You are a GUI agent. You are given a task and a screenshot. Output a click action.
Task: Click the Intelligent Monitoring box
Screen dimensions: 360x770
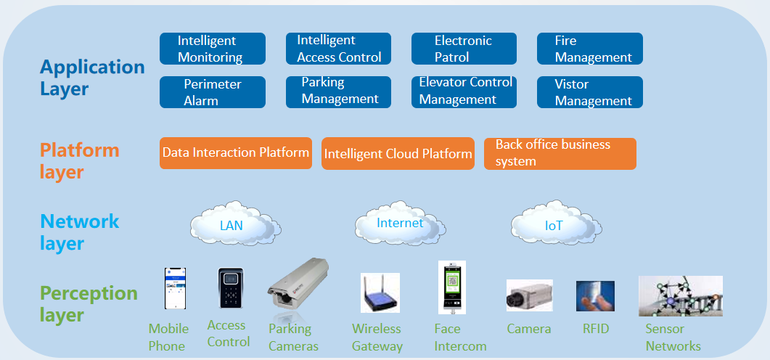(x=212, y=49)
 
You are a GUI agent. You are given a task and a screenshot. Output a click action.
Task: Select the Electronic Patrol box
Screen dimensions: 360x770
(x=464, y=49)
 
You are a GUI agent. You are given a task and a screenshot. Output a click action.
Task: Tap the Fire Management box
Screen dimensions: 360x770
(x=589, y=49)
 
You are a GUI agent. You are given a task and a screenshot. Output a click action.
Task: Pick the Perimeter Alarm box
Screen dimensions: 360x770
(x=212, y=92)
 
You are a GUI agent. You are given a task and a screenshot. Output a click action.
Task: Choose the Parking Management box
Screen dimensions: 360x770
(x=338, y=91)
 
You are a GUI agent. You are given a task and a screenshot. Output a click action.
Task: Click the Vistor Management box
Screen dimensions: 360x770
(x=589, y=92)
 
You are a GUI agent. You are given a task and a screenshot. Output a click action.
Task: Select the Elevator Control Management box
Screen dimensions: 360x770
(x=464, y=91)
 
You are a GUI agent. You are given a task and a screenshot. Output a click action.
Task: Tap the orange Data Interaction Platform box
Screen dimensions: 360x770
(x=235, y=153)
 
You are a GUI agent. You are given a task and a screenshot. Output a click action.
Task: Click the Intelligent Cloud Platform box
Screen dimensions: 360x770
(x=398, y=154)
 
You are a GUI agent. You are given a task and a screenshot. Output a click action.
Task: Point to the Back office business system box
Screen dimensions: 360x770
(x=560, y=154)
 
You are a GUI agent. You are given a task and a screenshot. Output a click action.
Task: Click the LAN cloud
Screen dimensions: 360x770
(x=232, y=225)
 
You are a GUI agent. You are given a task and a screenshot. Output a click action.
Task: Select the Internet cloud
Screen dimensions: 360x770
(x=398, y=223)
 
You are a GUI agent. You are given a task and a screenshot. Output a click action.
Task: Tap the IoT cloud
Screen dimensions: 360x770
(x=553, y=225)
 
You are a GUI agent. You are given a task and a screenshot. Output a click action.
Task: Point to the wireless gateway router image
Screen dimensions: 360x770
(x=380, y=293)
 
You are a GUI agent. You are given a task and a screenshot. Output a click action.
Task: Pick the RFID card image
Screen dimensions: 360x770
(x=595, y=296)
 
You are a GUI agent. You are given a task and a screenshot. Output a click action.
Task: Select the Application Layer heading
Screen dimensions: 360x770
(x=92, y=78)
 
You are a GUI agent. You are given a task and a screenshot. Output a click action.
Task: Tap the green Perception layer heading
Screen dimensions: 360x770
(x=89, y=304)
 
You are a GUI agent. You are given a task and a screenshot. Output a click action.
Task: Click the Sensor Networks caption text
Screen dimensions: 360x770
(x=673, y=337)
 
